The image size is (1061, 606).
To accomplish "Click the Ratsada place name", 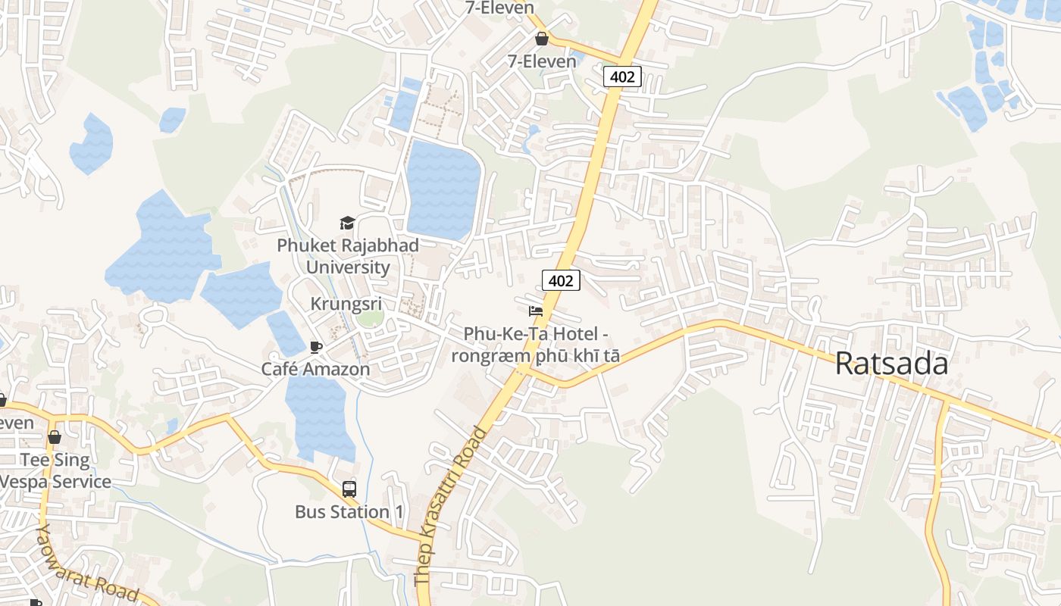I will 891,364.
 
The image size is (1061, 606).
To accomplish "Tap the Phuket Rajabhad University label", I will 348,256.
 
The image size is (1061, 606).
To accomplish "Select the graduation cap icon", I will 347,223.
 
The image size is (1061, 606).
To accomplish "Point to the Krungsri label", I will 346,304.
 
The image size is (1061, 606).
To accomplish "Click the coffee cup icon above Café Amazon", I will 316,347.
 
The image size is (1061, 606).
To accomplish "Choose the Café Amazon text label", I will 315,369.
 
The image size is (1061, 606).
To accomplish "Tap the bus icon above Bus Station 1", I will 349,489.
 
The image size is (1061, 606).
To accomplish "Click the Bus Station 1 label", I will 349,512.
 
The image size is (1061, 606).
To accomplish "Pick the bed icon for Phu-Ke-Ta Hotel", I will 536,311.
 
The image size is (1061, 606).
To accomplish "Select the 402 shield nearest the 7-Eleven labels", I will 623,77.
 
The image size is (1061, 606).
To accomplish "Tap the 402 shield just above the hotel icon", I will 561,280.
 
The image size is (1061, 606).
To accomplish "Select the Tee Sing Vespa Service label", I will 55,470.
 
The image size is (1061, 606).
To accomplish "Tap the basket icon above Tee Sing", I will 54,437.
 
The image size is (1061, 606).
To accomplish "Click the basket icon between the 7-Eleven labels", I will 541,39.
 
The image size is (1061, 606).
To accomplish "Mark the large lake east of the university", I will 443,189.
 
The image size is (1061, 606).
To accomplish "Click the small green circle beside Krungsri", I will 371,318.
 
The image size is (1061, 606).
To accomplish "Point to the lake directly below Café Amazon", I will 318,413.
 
